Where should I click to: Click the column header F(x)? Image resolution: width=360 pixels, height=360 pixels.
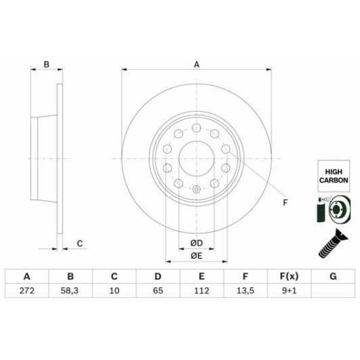(288, 277)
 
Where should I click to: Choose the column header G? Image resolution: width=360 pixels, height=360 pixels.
(332, 277)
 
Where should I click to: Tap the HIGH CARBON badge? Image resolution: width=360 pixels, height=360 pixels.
(333, 177)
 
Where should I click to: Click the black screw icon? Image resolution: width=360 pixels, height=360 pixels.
(331, 244)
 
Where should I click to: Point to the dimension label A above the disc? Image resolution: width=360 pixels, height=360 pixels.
(196, 65)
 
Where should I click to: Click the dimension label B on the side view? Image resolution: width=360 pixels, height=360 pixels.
(47, 65)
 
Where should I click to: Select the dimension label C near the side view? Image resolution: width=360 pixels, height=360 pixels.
(79, 244)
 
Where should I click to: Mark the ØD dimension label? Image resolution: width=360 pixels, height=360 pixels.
(196, 243)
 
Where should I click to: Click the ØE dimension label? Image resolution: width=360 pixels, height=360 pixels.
(196, 255)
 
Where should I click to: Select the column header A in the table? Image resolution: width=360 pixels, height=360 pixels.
(27, 277)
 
